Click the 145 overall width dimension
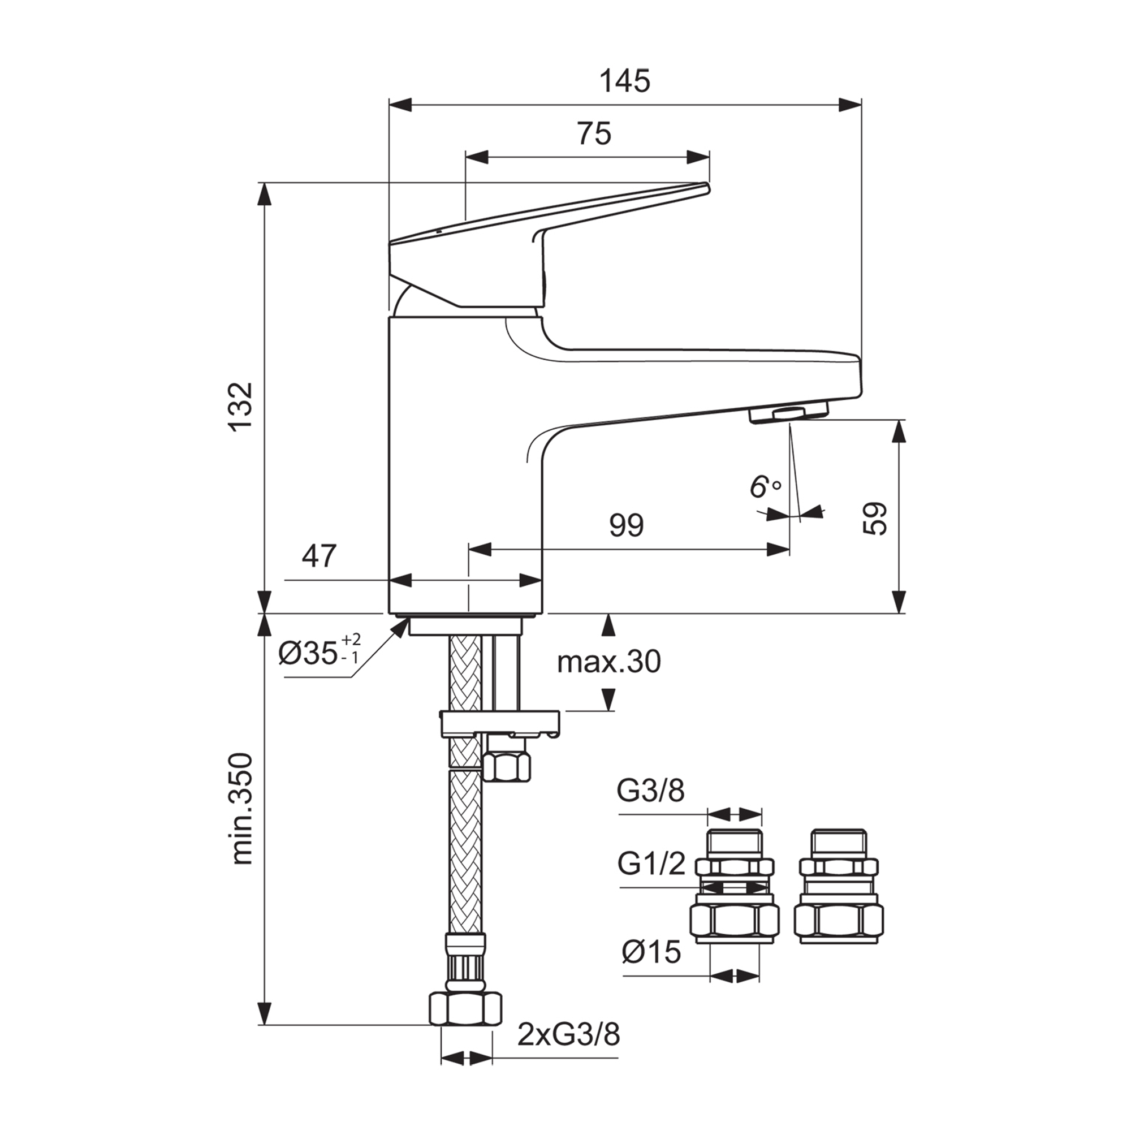(x=625, y=81)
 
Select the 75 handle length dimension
(x=594, y=133)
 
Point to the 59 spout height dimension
(x=875, y=517)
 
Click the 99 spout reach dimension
(x=626, y=525)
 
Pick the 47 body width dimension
(x=319, y=555)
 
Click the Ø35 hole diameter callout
(x=320, y=652)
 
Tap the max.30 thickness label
(x=609, y=662)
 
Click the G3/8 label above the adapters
(x=650, y=792)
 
